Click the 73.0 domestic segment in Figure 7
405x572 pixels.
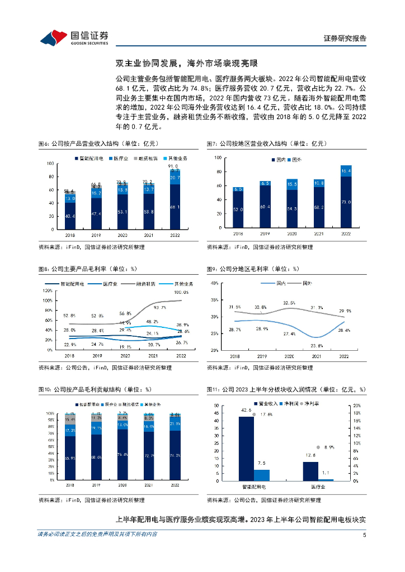(346, 203)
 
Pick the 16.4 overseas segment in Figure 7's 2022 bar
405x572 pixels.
(346, 170)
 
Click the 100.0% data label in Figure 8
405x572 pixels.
(181, 292)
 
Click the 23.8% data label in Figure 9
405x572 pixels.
(317, 346)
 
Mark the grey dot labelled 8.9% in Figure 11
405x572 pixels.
(318, 447)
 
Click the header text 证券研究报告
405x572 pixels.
(345, 39)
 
